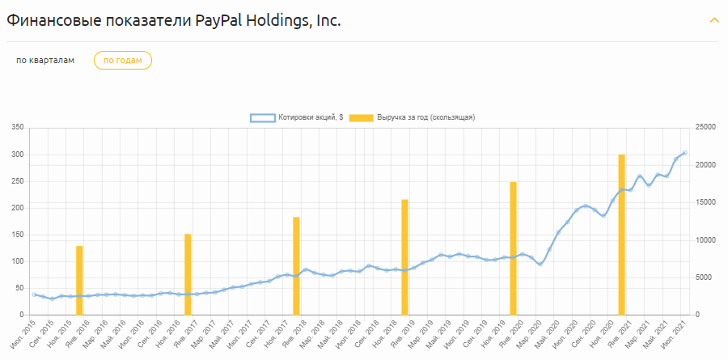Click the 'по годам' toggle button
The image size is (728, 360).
123,61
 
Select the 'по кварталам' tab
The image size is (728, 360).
45,61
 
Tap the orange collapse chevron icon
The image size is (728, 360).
713,20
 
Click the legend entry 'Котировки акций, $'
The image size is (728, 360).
296,117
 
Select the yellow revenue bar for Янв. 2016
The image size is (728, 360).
79,280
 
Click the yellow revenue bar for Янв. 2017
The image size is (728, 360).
188,274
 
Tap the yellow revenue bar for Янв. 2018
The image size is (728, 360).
296,265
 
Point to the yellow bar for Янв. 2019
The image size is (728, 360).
404,256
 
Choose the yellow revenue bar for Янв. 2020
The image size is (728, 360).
513,248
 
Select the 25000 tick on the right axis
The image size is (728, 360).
706,128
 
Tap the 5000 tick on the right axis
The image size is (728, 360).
704,277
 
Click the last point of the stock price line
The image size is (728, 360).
685,153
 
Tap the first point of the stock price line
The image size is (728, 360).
34,294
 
